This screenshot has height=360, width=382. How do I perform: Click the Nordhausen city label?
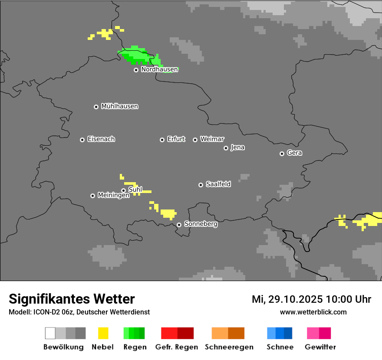click(x=159, y=69)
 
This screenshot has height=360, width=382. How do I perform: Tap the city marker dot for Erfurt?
click(x=162, y=140)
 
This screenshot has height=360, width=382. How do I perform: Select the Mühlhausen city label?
click(x=119, y=106)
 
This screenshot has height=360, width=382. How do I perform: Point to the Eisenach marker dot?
click(x=82, y=140)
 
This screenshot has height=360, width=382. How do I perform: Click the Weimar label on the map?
click(x=212, y=139)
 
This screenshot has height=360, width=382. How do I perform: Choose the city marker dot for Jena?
click(x=226, y=148)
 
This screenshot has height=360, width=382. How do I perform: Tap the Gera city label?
click(x=294, y=153)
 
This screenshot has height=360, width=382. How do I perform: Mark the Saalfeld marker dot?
click(x=201, y=185)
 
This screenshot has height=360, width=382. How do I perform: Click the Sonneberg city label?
click(x=201, y=224)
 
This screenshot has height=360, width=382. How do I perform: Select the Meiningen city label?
click(x=113, y=196)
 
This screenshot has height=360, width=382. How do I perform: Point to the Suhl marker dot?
click(x=123, y=190)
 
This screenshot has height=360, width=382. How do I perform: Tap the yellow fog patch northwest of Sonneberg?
click(x=168, y=213)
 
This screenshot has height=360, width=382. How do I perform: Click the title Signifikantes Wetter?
click(x=72, y=299)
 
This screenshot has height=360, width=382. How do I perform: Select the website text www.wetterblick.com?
click(x=313, y=312)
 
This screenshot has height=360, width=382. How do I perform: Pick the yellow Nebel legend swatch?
click(x=103, y=333)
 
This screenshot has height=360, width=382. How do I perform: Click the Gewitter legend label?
click(x=320, y=347)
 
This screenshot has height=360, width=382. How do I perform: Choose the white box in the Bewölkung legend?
click(x=50, y=333)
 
